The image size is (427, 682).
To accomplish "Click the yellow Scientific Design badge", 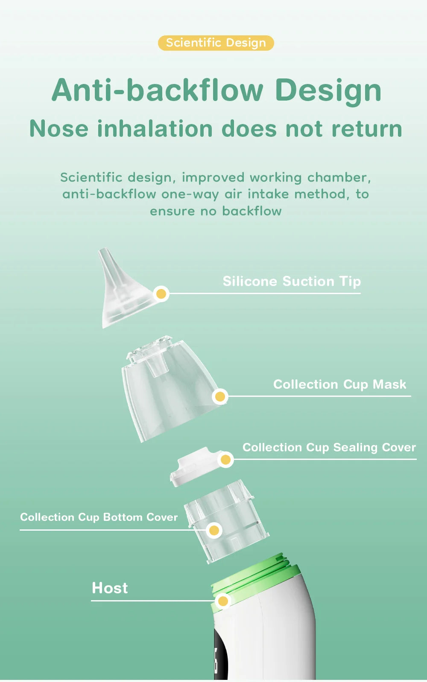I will pos(216,43).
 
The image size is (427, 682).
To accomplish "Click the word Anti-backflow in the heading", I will pos(157,90).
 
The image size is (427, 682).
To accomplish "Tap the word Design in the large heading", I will pos(328,90).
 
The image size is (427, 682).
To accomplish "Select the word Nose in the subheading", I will pos(58,129).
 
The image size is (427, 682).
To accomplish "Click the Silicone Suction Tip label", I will pos(292,281).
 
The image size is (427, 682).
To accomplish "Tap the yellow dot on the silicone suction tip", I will pos(161,294).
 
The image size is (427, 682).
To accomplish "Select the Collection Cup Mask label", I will pos(339,384).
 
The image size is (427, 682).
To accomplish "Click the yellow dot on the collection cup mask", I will pos(220,397).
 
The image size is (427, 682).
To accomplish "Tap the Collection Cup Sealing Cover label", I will pos(329,448).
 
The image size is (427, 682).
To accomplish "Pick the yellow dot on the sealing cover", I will pos(225,459).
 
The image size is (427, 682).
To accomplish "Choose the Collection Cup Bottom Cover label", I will pos(99,517).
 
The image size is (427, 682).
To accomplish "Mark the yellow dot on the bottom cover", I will pos(214,530).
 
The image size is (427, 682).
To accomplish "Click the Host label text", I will pos(110,588).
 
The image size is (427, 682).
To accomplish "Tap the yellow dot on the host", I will pos(222,601).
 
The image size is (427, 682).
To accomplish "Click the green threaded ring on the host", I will pos(256,573).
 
